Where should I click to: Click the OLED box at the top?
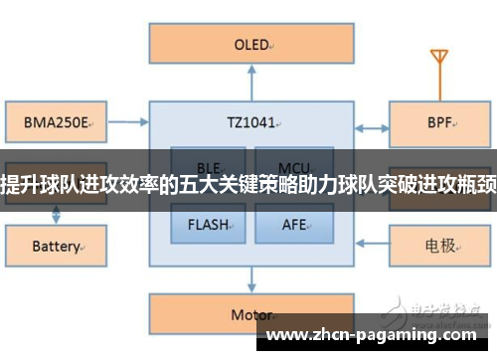[248, 45]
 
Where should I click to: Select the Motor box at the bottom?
[248, 314]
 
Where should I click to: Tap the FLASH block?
[209, 224]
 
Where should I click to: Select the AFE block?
[292, 224]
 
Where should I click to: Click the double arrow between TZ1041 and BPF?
[370, 126]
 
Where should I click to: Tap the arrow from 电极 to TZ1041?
[370, 244]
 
